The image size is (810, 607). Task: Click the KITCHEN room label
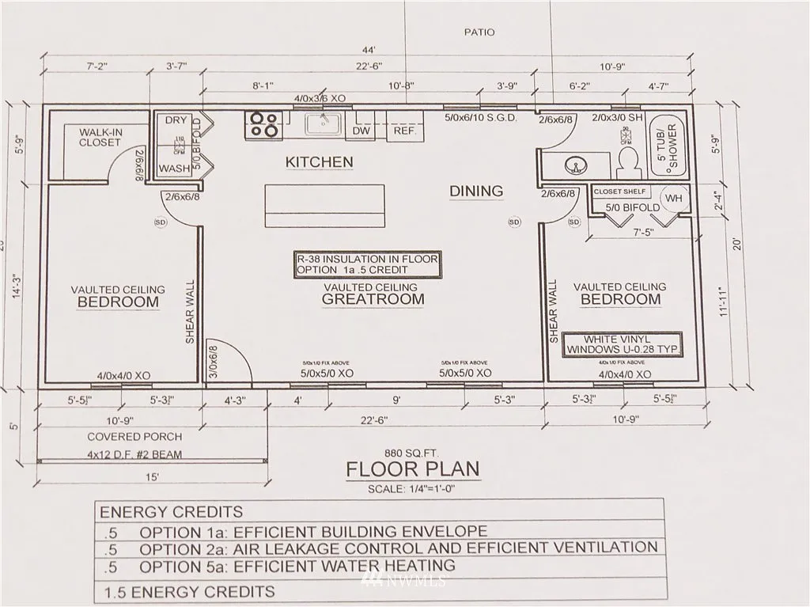coord(319,161)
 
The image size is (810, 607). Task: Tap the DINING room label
coord(475,191)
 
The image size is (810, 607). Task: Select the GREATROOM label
coord(373,299)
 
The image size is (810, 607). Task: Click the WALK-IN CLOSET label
coord(100,136)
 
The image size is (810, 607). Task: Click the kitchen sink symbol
coord(324,124)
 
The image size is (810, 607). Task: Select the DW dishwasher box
coord(361,131)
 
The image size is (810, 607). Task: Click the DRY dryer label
coord(176,120)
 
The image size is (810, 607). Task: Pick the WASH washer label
coord(174,169)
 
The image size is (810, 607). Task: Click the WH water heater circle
coord(673,197)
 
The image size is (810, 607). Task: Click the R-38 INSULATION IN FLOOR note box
coord(366,264)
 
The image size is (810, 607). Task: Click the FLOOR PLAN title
coord(412,469)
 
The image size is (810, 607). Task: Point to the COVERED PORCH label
coord(134,436)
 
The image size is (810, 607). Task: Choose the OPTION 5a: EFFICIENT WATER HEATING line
coord(297,566)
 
